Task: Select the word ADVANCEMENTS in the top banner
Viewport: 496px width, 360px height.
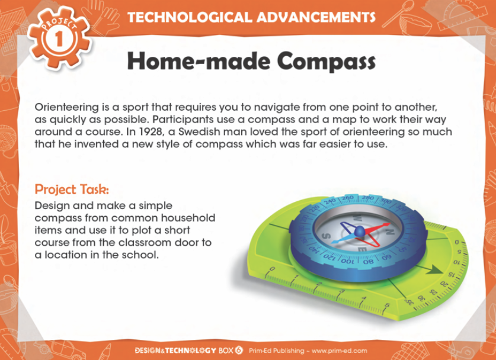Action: point(316,17)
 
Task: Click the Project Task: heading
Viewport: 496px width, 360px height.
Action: point(72,189)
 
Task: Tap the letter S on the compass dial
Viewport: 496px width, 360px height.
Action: point(327,236)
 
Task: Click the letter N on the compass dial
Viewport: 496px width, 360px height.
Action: point(389,232)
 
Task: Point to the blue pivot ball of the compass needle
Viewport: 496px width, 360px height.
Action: point(360,232)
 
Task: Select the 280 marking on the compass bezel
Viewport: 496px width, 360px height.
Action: point(368,198)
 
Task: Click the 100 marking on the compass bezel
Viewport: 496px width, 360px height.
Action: point(348,262)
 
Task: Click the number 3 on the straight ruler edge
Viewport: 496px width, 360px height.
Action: point(342,291)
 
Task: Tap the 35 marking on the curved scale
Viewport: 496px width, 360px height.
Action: point(409,302)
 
